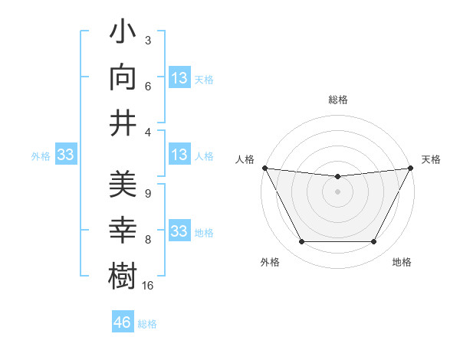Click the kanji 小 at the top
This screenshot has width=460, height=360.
[x=123, y=34]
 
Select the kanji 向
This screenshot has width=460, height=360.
[x=123, y=77]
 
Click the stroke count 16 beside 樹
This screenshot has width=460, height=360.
[x=149, y=286]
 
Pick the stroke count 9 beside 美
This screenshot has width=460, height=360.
[x=147, y=194]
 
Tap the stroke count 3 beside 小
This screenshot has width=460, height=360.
[x=147, y=40]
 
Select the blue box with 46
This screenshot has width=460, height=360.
[x=123, y=322]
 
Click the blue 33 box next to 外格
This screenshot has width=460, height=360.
[x=66, y=155]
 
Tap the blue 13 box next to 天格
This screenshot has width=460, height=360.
[x=179, y=77]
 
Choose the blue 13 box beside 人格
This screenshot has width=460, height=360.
[x=179, y=155]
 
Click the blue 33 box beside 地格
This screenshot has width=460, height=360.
[x=179, y=231]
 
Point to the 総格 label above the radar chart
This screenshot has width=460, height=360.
[x=338, y=100]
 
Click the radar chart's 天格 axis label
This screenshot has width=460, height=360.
[x=432, y=159]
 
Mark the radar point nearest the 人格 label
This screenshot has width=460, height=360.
[x=264, y=168]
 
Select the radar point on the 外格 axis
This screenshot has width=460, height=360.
[x=301, y=242]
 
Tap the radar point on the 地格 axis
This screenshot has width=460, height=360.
[x=374, y=242]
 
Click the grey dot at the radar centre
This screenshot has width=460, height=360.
[x=337, y=191]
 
